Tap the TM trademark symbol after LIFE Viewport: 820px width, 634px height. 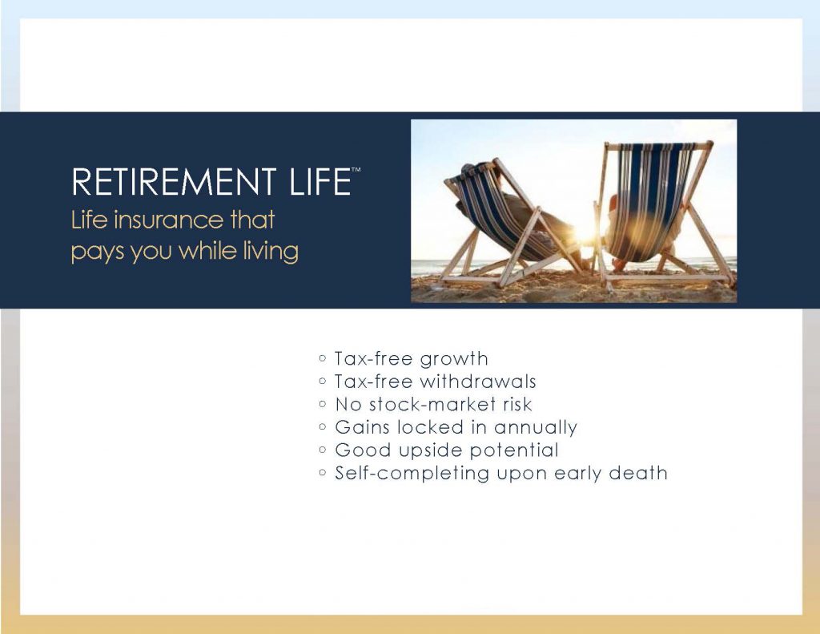pos(356,171)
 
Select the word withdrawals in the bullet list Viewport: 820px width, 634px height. pos(477,382)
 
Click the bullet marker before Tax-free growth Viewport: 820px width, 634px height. pos(322,358)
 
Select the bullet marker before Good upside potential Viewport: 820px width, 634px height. pos(322,450)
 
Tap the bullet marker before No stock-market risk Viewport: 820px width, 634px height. pos(322,405)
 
